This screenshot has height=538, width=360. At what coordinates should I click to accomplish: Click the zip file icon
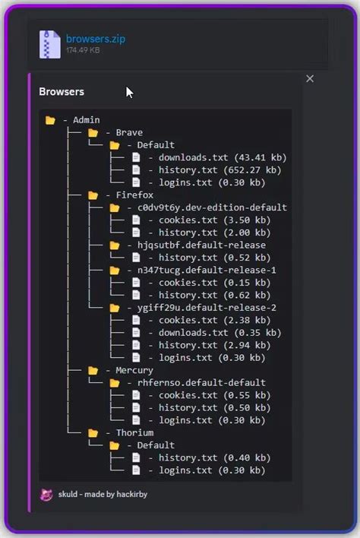click(50, 44)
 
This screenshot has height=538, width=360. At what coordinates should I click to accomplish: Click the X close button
click(310, 78)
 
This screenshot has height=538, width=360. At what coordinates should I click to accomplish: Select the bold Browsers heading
click(62, 92)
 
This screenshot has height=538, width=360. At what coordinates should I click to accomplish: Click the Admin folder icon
click(50, 120)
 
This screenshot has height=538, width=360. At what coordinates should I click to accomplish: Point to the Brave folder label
click(129, 133)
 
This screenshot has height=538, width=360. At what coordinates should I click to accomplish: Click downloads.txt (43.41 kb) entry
click(212, 157)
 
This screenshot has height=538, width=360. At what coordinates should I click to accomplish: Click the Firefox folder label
click(134, 195)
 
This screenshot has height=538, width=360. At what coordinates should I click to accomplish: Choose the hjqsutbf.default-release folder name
click(201, 245)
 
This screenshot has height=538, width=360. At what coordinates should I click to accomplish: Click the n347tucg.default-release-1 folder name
click(207, 270)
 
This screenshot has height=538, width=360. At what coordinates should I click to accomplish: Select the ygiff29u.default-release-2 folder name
click(207, 308)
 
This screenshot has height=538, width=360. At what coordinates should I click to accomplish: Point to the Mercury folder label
click(134, 370)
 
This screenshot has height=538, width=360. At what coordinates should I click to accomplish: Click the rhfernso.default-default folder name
click(201, 382)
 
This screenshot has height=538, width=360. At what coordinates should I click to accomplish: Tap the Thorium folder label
click(134, 432)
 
